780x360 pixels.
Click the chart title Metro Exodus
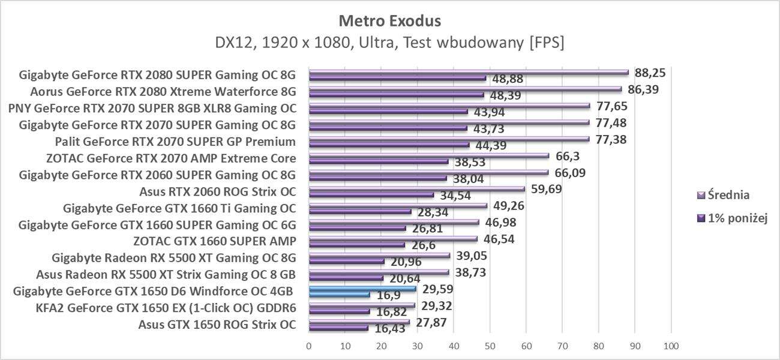pyautogui.click(x=390, y=21)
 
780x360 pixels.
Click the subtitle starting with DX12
pyautogui.click(x=390, y=43)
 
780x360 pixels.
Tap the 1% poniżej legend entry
pyautogui.click(x=733, y=218)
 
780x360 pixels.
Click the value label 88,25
pyautogui.click(x=651, y=73)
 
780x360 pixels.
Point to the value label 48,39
pyautogui.click(x=506, y=96)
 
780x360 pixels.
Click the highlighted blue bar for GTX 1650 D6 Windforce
pyautogui.click(x=362, y=289)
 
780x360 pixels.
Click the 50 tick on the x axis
pyautogui.click(x=490, y=346)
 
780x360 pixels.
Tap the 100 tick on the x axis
pyautogui.click(x=671, y=346)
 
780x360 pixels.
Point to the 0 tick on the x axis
pyautogui.click(x=309, y=346)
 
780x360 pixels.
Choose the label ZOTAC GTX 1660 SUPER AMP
pyautogui.click(x=214, y=242)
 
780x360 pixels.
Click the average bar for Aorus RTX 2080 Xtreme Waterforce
pyautogui.click(x=465, y=89)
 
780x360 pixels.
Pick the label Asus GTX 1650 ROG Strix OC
pyautogui.click(x=217, y=325)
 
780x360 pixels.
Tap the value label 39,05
pyautogui.click(x=472, y=256)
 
